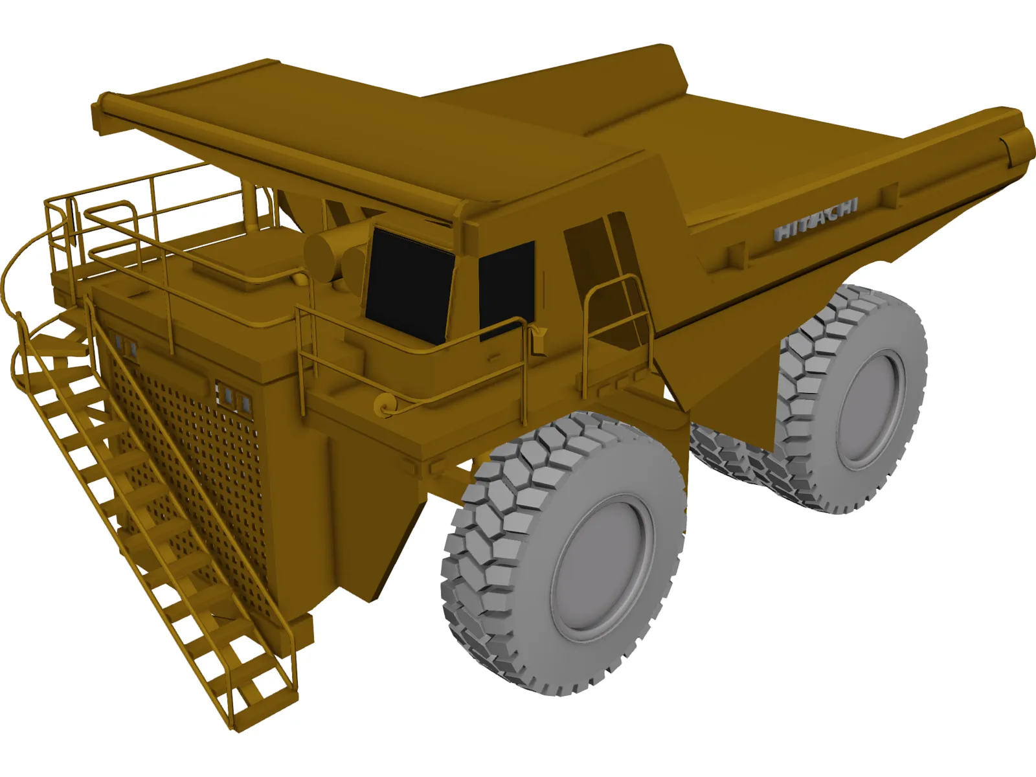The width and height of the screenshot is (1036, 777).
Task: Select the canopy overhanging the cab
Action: coord(363,136)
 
